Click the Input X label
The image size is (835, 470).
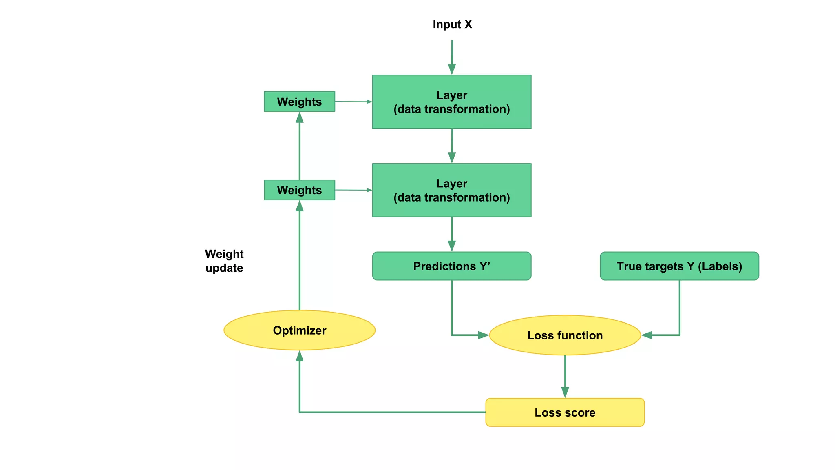click(x=452, y=24)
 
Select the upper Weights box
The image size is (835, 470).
click(x=299, y=102)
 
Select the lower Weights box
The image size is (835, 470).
click(x=299, y=190)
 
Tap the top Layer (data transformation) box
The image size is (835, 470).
click(x=451, y=102)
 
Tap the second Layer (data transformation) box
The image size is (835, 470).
click(x=451, y=191)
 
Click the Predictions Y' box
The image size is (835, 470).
click(x=451, y=266)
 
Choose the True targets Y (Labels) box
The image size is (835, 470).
click(x=679, y=266)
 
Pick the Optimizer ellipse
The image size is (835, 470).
click(x=299, y=330)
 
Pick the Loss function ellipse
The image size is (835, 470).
click(x=565, y=335)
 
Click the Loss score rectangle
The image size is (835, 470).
click(x=565, y=412)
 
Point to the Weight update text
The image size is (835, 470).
click(x=224, y=261)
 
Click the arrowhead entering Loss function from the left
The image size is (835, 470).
click(x=483, y=335)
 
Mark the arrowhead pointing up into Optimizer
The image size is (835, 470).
click(x=300, y=356)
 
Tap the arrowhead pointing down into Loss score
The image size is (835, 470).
click(x=565, y=392)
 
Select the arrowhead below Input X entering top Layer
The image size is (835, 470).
click(x=452, y=69)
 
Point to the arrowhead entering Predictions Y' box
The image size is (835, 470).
click(x=452, y=246)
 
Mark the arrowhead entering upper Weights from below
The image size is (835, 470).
click(x=300, y=118)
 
